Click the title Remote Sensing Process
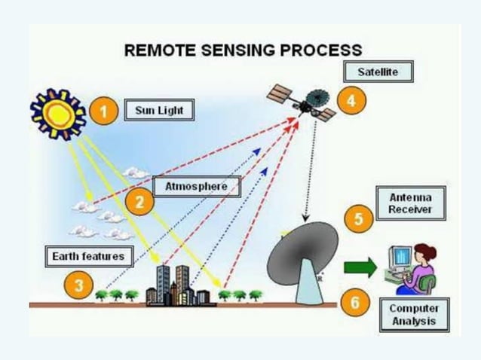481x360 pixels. click(x=243, y=50)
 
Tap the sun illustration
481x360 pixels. click(x=57, y=114)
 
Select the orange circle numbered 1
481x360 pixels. click(x=105, y=112)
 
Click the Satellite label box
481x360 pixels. click(x=379, y=72)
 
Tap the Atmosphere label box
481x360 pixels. click(x=196, y=186)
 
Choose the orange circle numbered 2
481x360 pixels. click(x=139, y=202)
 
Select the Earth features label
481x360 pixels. click(x=87, y=257)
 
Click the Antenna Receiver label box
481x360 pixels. click(x=410, y=203)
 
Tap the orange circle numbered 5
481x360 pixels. click(x=358, y=219)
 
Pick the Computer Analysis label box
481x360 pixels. click(x=412, y=315)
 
